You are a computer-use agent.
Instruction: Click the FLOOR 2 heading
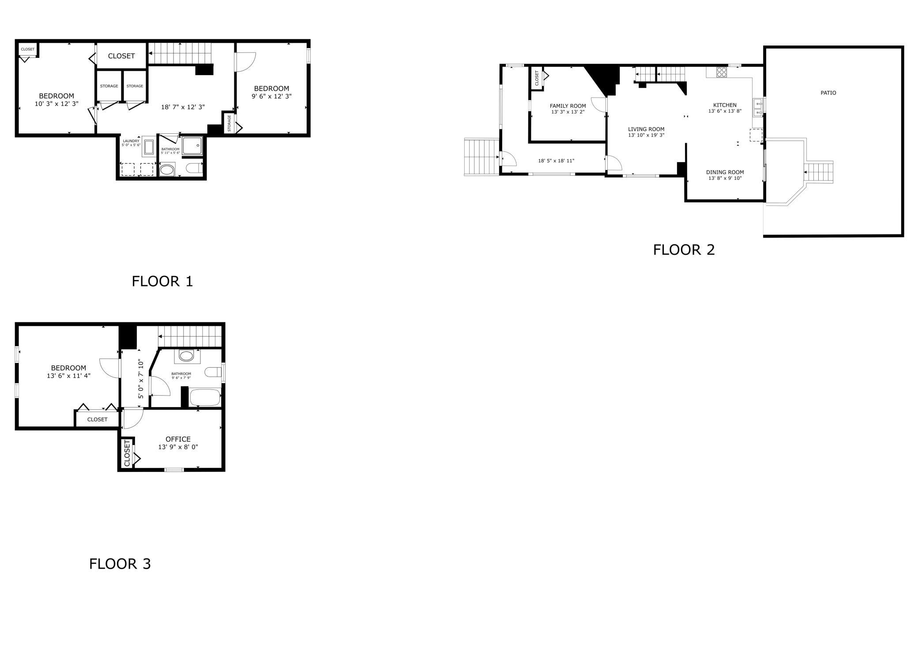pyautogui.click(x=684, y=250)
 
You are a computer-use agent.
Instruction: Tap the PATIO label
pyautogui.click(x=828, y=93)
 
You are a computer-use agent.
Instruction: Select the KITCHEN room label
pyautogui.click(x=725, y=105)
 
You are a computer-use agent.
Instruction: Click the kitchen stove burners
pyautogui.click(x=722, y=72)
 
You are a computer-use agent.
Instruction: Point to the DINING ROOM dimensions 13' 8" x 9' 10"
pyautogui.click(x=725, y=178)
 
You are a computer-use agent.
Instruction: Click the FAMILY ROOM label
pyautogui.click(x=568, y=106)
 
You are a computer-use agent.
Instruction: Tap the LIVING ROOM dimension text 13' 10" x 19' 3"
pyautogui.click(x=646, y=135)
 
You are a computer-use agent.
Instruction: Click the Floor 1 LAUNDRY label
pyautogui.click(x=131, y=141)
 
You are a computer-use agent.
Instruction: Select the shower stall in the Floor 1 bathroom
pyautogui.click(x=192, y=145)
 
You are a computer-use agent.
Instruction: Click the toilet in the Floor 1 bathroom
pyautogui.click(x=195, y=168)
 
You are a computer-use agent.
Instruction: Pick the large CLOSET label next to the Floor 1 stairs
pyautogui.click(x=121, y=56)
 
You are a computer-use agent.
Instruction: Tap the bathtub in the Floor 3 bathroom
pyautogui.click(x=205, y=397)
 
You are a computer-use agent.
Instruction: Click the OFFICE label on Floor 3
pyautogui.click(x=178, y=439)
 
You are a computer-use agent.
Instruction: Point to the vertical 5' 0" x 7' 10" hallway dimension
pyautogui.click(x=141, y=379)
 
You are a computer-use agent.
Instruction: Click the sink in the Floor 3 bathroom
pyautogui.click(x=186, y=355)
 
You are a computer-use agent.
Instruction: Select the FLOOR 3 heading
pyautogui.click(x=120, y=564)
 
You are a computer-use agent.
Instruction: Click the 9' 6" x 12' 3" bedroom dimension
pyautogui.click(x=271, y=96)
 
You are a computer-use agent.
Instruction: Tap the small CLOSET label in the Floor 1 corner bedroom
pyautogui.click(x=27, y=49)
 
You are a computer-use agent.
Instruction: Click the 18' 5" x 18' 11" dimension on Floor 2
pyautogui.click(x=556, y=161)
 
